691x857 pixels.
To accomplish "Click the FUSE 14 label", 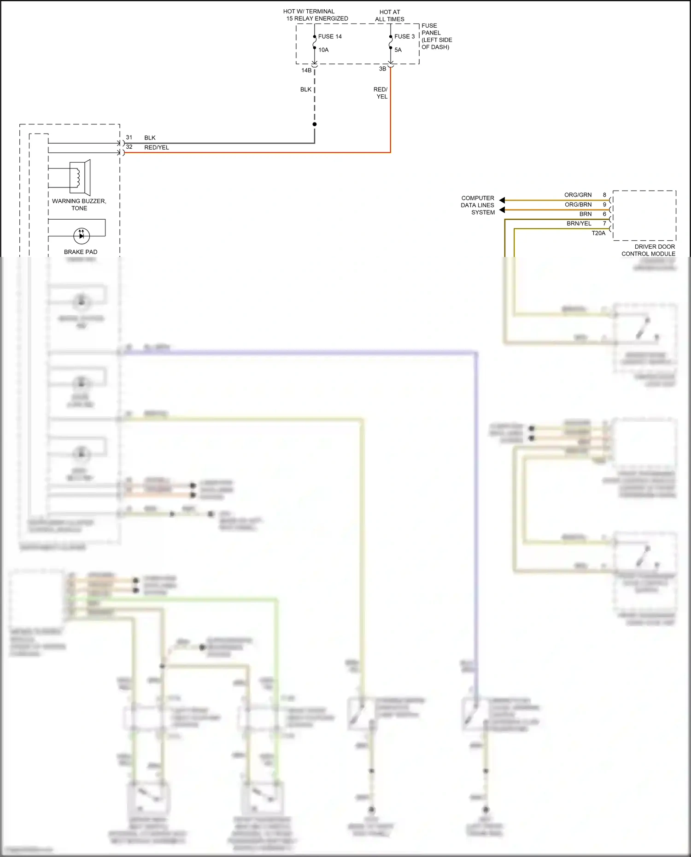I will [330, 36].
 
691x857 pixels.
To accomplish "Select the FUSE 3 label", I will [404, 36].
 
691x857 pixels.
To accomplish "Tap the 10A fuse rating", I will [323, 50].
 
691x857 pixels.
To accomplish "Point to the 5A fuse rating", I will [398, 50].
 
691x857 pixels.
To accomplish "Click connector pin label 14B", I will [306, 70].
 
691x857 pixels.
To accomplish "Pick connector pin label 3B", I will [382, 69].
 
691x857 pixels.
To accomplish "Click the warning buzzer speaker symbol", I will [80, 177].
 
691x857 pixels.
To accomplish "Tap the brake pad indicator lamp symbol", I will [82, 235].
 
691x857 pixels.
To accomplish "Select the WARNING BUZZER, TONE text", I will [79, 204].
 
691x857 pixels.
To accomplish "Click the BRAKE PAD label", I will [81, 252].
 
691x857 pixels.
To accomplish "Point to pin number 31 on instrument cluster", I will [129, 137].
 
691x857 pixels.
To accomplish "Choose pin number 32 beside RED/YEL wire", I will [129, 147].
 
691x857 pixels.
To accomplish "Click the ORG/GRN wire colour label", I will [578, 195].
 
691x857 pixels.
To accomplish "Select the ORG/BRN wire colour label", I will [578, 204].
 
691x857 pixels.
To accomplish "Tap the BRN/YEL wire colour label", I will [579, 223].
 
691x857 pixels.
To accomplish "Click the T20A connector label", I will [598, 233].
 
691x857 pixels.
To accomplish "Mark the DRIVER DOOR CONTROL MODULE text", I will [649, 250].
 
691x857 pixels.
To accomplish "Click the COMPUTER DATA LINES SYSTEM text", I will [478, 205].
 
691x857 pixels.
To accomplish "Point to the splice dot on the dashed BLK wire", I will [315, 124].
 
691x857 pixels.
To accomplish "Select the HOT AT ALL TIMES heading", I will [390, 16].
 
